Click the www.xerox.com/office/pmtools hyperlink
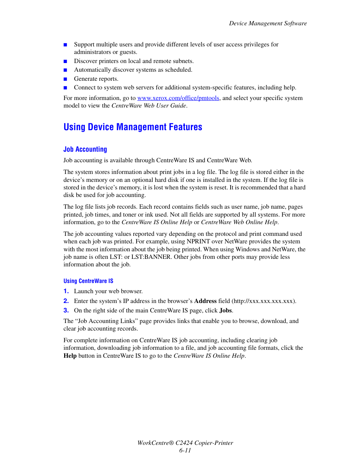point(178,98)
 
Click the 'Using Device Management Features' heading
point(133,127)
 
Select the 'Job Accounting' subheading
point(85,149)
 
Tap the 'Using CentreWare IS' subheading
point(88,281)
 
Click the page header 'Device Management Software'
point(268,23)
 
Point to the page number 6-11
point(185,451)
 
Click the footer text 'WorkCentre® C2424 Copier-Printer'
point(185,443)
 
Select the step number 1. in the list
point(66,291)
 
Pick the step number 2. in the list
point(66,301)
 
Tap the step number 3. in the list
point(66,311)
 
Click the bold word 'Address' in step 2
point(205,301)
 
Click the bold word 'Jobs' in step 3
point(225,311)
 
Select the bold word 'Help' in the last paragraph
point(70,356)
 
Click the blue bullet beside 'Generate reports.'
point(65,79)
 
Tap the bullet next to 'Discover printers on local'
point(65,62)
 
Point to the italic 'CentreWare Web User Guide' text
point(149,106)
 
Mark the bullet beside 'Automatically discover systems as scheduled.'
point(65,70)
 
